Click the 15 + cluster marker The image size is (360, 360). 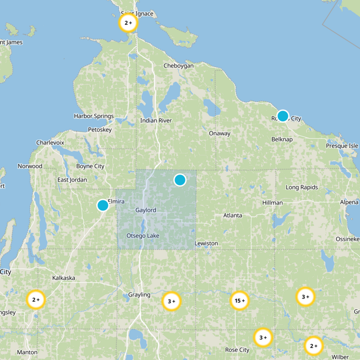(x=240, y=301)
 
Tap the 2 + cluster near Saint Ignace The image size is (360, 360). (x=128, y=23)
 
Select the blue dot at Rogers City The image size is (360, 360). (x=283, y=116)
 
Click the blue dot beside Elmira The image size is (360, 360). (x=103, y=205)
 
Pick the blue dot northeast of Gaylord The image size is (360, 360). (x=180, y=180)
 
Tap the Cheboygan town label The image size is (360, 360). (x=178, y=66)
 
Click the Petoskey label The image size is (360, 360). (x=99, y=130)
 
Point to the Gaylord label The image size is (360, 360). (x=146, y=210)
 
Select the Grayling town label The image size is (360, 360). (x=139, y=295)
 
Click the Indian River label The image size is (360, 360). (x=156, y=121)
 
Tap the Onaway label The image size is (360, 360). (x=220, y=133)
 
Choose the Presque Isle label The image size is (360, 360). (x=342, y=146)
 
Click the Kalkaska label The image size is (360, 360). (x=63, y=278)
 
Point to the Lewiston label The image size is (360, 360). (x=206, y=243)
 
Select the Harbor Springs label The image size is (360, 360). (x=94, y=116)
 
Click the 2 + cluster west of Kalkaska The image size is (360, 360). (x=36, y=300)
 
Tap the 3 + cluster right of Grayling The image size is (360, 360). (x=171, y=301)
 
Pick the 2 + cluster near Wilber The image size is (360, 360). (x=314, y=346)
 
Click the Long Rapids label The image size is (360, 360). (x=302, y=187)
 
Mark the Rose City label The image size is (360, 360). (x=237, y=350)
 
